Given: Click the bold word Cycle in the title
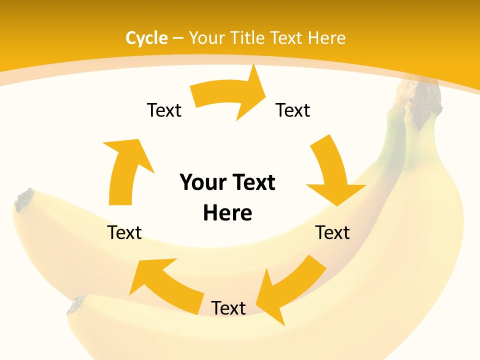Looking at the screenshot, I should click(x=146, y=38).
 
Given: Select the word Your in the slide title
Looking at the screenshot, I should click(x=206, y=38).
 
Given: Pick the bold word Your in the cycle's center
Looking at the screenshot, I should click(x=199, y=182).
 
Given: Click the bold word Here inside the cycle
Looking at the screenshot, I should click(x=227, y=213).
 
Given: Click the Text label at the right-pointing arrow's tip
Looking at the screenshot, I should click(x=293, y=110).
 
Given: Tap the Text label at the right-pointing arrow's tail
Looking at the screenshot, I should click(x=164, y=110).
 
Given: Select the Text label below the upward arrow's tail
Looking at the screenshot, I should click(x=124, y=232).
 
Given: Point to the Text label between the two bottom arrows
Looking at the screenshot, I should click(x=228, y=308).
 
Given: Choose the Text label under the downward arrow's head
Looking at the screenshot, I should click(x=332, y=232).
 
